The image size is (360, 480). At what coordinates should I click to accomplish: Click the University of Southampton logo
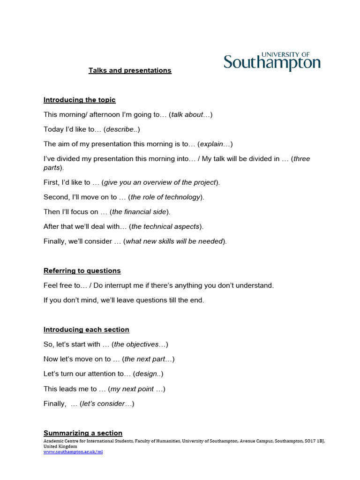[272, 61]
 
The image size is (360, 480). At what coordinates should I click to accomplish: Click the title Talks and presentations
[130, 70]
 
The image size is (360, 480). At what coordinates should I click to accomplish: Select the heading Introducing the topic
[79, 100]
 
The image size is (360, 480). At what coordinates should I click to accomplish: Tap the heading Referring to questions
[82, 270]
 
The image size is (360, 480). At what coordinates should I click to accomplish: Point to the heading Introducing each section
[86, 330]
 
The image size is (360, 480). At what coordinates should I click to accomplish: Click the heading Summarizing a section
[83, 433]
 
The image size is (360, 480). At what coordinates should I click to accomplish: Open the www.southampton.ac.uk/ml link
[73, 452]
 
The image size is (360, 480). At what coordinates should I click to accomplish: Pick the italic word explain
[215, 144]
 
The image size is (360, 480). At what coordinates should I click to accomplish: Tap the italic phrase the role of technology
[166, 197]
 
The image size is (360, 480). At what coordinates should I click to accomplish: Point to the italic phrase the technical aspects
[165, 226]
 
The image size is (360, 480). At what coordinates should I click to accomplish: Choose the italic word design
[148, 374]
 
